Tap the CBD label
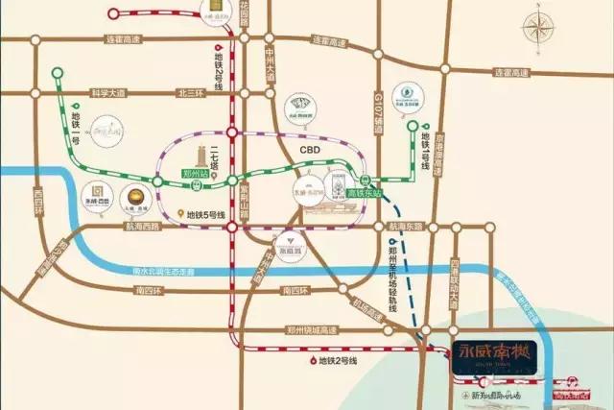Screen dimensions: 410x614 click(x=309, y=151)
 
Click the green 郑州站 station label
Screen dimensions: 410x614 click(x=196, y=176)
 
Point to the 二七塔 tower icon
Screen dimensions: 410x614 click(x=203, y=156)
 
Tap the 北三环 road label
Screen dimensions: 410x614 click(x=189, y=93)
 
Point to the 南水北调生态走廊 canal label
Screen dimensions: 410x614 click(x=172, y=272)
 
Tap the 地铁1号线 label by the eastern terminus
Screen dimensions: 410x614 click(x=423, y=154)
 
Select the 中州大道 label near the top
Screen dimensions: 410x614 click(x=272, y=60)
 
